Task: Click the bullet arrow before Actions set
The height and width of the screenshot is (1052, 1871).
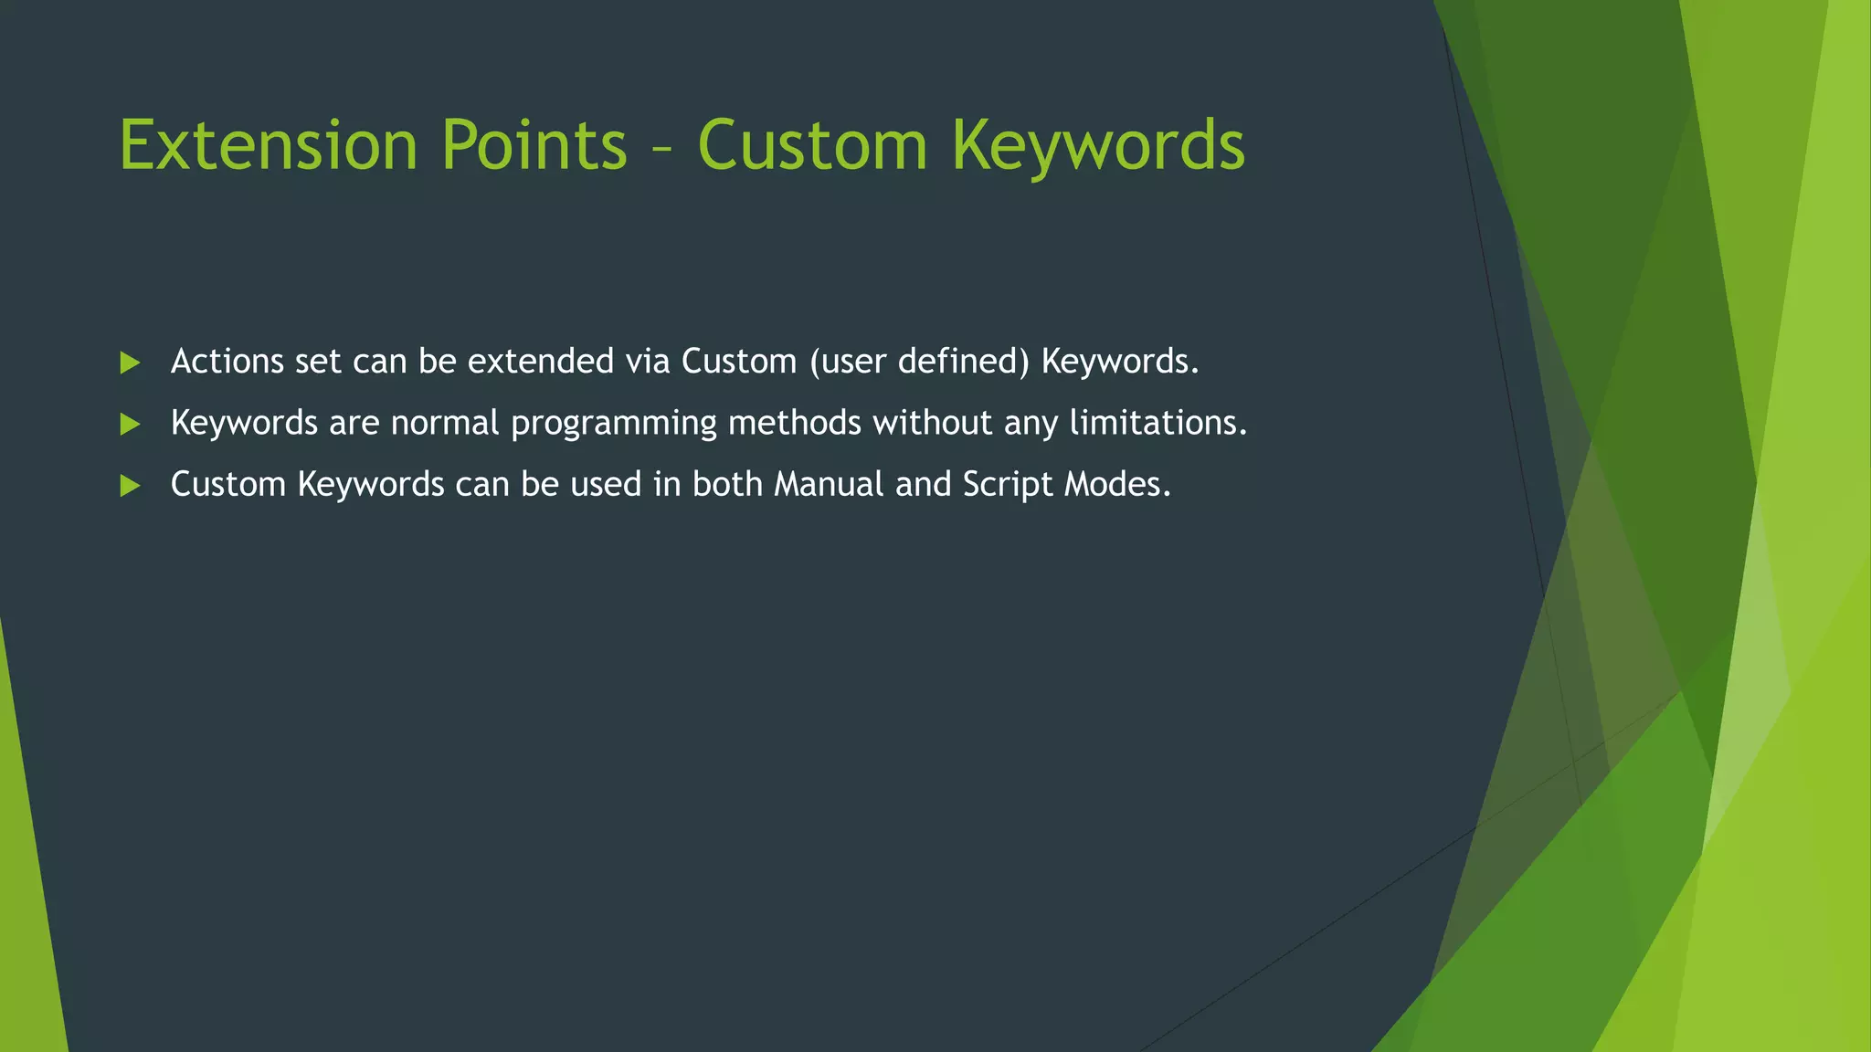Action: (x=130, y=363)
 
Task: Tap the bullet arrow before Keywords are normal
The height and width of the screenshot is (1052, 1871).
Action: (x=130, y=424)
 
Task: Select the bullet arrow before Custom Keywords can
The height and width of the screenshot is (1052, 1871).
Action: (x=130, y=485)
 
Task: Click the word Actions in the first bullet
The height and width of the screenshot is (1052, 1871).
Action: (x=227, y=362)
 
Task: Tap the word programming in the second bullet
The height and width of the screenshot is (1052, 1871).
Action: (x=613, y=424)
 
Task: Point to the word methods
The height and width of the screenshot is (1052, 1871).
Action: (x=794, y=423)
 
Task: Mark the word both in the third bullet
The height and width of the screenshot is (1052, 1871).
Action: (x=726, y=484)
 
